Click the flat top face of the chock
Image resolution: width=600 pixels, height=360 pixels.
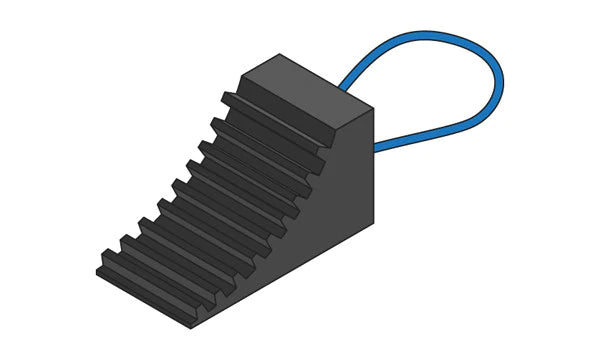coord(305,90)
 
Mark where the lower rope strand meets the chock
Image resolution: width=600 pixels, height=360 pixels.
coord(376,149)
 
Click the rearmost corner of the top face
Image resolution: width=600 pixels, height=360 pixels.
coord(281,55)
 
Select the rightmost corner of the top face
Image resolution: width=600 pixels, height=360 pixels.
coord(373,107)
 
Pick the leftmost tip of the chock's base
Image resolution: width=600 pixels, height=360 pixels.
coord(97,272)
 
